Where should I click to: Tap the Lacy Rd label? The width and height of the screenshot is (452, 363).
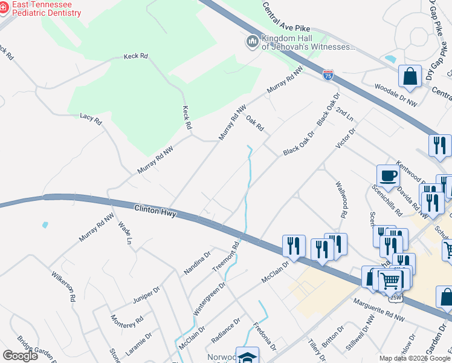click(91, 117)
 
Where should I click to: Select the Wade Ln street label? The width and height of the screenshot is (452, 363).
click(124, 232)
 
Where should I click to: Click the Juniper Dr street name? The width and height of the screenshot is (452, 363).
click(145, 295)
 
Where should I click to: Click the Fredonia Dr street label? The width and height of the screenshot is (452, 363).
click(265, 336)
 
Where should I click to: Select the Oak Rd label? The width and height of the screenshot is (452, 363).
click(254, 123)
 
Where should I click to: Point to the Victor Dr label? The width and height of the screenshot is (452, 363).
click(346, 138)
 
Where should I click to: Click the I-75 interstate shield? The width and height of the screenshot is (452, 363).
click(328, 75)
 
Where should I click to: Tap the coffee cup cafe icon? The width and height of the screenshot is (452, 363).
click(388, 176)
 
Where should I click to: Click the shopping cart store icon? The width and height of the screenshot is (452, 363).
click(390, 280)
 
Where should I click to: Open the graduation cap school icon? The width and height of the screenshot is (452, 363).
click(247, 356)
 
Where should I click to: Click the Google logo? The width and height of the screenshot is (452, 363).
click(20, 356)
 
